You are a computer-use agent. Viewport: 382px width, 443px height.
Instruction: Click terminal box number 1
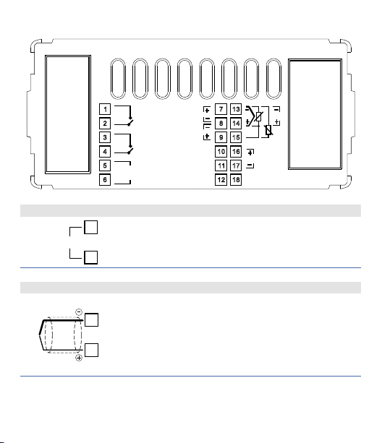105,109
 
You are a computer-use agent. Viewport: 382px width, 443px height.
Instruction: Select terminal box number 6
105,180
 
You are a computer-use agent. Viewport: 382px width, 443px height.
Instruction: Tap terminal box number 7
221,109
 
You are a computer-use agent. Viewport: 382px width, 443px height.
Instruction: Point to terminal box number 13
236,109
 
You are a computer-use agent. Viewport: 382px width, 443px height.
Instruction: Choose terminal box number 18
236,180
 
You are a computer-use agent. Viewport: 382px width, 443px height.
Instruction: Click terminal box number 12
221,180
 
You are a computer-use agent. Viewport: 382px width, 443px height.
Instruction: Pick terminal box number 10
221,152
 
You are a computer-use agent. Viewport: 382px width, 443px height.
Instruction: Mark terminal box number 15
236,137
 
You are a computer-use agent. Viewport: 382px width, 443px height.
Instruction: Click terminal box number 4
105,152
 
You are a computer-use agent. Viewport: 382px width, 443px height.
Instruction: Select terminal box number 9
221,137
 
